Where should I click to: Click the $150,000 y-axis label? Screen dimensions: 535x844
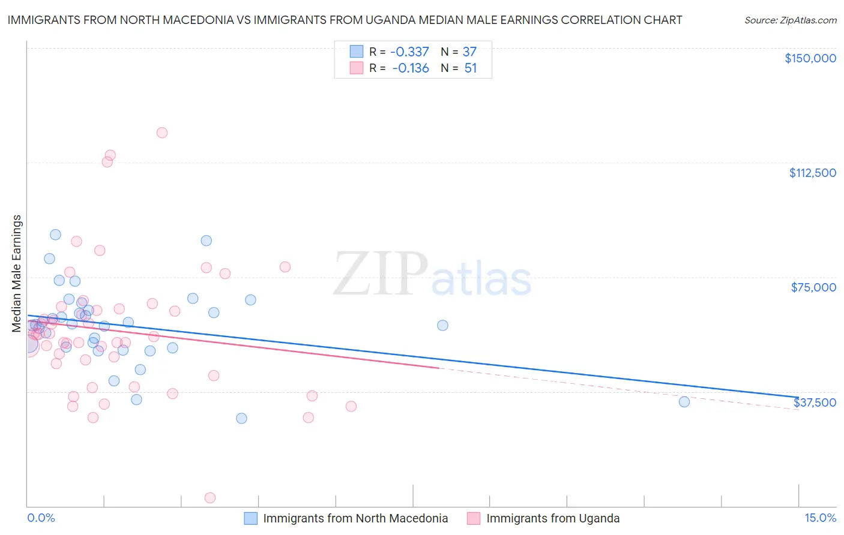[x=810, y=58]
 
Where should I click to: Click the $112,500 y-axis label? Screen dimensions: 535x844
[x=812, y=173]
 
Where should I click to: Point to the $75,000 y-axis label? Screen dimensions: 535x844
[x=813, y=287]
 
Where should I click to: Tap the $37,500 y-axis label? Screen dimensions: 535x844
[x=815, y=402]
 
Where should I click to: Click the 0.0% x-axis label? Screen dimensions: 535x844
[x=41, y=518]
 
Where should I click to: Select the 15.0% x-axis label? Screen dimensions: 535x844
[x=820, y=518]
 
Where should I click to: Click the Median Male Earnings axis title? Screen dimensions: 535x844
[x=17, y=273]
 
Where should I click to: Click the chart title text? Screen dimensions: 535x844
[x=345, y=20]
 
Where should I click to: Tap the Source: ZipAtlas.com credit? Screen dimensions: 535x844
[x=790, y=20]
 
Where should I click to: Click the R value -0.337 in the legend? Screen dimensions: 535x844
[x=409, y=52]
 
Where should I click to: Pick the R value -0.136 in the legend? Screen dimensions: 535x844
[x=411, y=68]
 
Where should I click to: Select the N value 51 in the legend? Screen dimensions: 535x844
[x=471, y=68]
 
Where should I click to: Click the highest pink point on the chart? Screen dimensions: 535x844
[x=161, y=133]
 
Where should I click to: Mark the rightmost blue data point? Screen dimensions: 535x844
[x=684, y=402]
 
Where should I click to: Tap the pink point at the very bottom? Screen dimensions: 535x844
[x=210, y=498]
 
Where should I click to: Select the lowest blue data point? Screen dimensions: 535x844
[x=241, y=418]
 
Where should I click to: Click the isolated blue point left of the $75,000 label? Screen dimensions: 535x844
[x=442, y=325]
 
